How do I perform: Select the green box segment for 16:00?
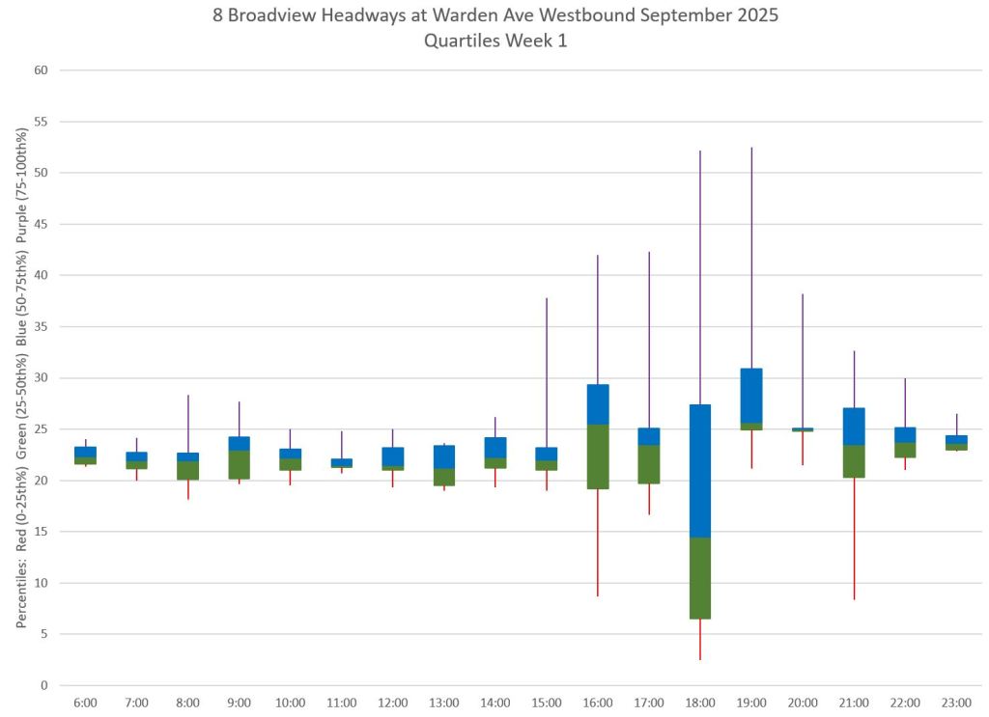(x=598, y=456)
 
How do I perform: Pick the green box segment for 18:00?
(x=700, y=578)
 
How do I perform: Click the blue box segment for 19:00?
(x=751, y=396)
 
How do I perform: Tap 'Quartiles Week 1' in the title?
(x=494, y=41)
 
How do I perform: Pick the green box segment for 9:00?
(x=240, y=464)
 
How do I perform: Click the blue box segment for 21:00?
(x=854, y=427)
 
